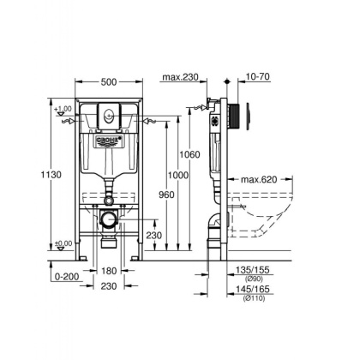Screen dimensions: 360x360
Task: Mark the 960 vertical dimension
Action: click(165, 194)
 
